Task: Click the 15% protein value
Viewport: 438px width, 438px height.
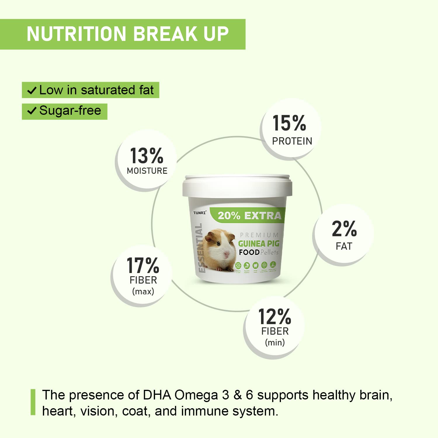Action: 289,123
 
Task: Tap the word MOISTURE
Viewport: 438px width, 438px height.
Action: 147,171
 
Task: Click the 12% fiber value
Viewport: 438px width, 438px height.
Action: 274,317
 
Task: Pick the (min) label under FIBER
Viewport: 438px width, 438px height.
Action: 275,342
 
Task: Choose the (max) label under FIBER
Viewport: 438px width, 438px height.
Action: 143,291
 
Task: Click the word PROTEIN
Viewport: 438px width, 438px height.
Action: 292,141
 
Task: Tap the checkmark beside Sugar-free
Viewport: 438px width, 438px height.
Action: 32,111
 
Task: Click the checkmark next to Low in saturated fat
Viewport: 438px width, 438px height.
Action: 32,91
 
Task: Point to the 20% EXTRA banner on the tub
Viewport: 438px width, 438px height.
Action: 249,215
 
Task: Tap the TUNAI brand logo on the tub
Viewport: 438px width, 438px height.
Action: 199,213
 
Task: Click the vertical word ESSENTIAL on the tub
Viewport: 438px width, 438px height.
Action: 199,248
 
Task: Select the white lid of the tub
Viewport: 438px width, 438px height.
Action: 237,186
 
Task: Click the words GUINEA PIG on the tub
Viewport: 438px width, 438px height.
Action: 259,244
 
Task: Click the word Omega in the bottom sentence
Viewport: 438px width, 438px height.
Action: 196,395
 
